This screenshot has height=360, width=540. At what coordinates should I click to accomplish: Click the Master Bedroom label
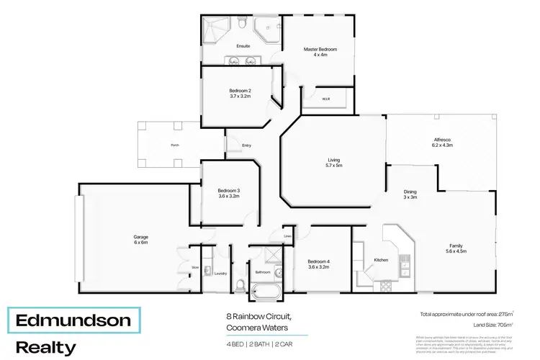(320, 49)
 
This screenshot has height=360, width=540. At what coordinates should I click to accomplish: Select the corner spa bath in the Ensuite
(269, 30)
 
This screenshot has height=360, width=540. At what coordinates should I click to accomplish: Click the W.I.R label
(325, 99)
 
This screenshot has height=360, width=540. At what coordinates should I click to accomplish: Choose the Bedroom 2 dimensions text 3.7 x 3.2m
(240, 96)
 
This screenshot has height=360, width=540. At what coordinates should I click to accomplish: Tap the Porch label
(174, 145)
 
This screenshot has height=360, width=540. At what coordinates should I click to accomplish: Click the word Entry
(246, 145)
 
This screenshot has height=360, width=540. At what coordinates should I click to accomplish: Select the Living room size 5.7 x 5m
(333, 166)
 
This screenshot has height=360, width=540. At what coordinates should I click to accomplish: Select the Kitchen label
(381, 259)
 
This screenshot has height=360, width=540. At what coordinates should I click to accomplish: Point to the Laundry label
(220, 273)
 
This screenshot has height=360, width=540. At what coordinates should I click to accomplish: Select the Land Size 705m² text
(497, 325)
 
